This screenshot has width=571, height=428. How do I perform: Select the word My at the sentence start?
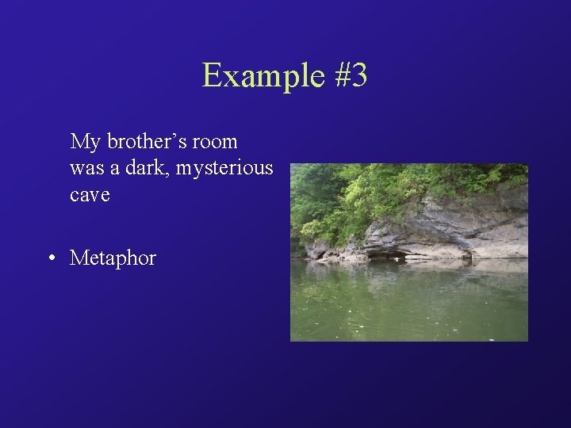(86, 142)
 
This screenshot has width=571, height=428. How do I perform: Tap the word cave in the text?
(90, 195)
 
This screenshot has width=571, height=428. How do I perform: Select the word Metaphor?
(113, 258)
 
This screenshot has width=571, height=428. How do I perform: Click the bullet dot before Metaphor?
(50, 258)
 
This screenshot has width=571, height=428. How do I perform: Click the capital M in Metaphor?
(79, 258)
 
